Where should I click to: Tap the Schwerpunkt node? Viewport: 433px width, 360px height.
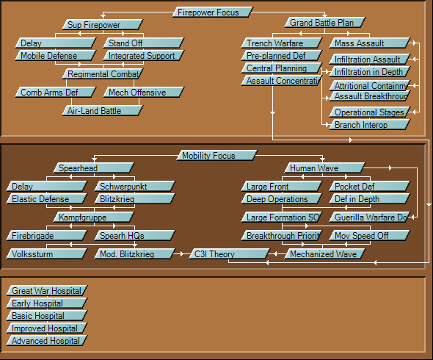point(134,187)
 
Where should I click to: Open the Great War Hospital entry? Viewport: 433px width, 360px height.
point(47,291)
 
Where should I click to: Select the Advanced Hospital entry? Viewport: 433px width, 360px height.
point(47,341)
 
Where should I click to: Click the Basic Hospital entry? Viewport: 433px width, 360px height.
point(47,316)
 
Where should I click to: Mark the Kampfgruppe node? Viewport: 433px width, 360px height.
point(93,217)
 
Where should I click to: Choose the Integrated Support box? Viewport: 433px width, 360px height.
point(144,56)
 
